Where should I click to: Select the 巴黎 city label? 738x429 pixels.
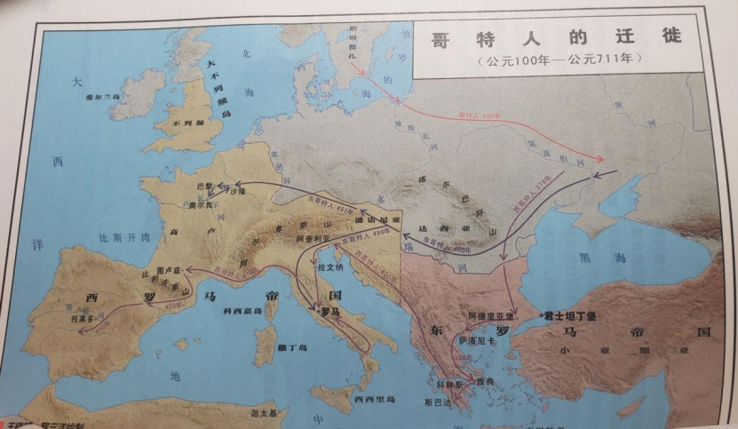[205, 187]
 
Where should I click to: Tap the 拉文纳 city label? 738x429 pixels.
[331, 265]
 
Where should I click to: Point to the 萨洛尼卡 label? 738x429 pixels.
[475, 338]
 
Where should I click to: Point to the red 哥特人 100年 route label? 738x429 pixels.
[480, 115]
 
